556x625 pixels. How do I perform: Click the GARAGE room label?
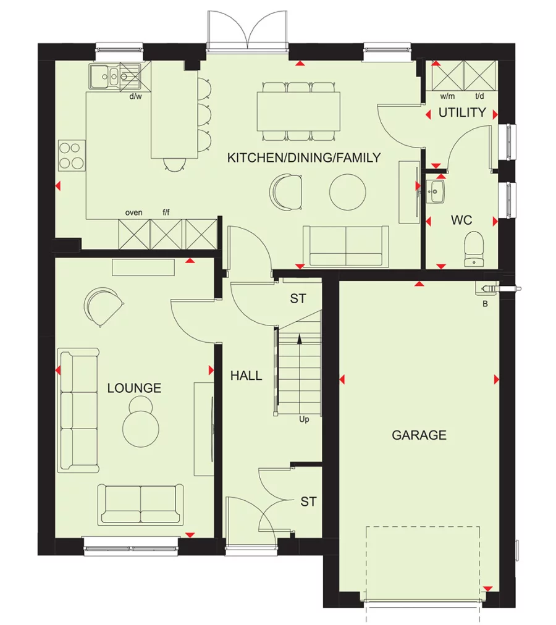[x=419, y=435]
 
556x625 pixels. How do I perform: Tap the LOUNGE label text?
[x=134, y=388]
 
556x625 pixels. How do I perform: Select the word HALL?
[x=246, y=375]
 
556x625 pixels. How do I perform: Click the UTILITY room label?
[x=462, y=113]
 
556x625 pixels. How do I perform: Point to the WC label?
[x=461, y=220]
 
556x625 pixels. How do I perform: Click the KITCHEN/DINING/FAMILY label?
[x=304, y=158]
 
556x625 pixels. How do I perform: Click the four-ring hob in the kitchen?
[x=72, y=156]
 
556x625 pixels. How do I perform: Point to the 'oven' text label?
[x=133, y=212]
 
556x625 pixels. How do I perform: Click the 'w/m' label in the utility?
[x=447, y=97]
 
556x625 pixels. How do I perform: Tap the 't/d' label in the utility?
[x=479, y=97]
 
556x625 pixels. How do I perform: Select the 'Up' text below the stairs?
[x=304, y=419]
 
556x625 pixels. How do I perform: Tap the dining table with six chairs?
[x=298, y=111]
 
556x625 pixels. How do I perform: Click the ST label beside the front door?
[x=308, y=502]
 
